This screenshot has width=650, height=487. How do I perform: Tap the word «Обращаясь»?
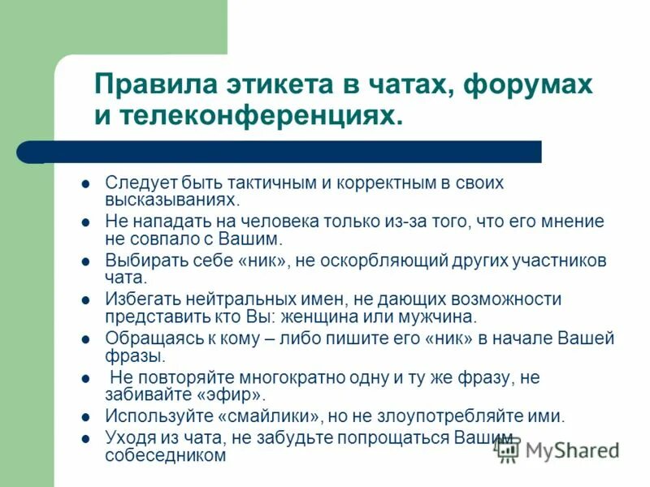[148, 338]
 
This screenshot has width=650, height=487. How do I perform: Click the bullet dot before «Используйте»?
[85, 417]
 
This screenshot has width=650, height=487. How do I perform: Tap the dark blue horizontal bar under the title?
[292, 152]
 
